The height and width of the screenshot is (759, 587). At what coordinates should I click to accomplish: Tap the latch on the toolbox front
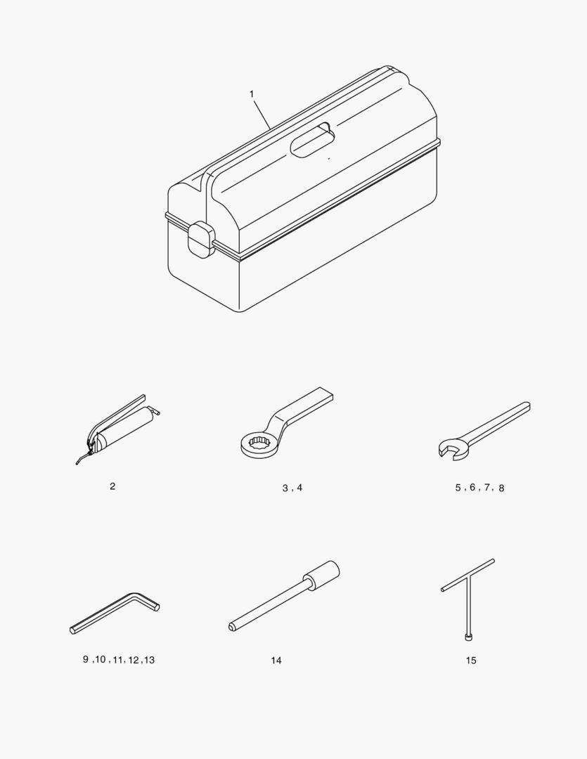coord(201,240)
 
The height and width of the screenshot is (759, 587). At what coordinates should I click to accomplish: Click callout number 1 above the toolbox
coord(252,94)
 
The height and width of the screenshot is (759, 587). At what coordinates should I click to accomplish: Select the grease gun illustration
coord(117,429)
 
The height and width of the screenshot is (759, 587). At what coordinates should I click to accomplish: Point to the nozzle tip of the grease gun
coord(77,464)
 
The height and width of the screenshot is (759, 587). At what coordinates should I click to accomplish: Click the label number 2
coord(112,486)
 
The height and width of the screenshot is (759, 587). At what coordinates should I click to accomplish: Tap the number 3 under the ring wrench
coord(285,488)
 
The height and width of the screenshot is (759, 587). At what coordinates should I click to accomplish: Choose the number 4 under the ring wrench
coord(299,488)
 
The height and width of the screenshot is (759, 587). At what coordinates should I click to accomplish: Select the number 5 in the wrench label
coord(458,488)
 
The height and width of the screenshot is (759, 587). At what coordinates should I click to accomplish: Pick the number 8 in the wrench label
coord(501,488)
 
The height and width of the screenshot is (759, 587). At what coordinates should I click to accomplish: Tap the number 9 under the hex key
coord(86,659)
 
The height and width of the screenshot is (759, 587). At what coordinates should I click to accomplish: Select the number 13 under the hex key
coord(149,660)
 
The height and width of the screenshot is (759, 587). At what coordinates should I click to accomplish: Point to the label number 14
coord(276,660)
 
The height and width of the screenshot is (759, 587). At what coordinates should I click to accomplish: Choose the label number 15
coord(471,660)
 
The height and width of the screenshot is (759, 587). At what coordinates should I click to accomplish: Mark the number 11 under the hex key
coord(118,660)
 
